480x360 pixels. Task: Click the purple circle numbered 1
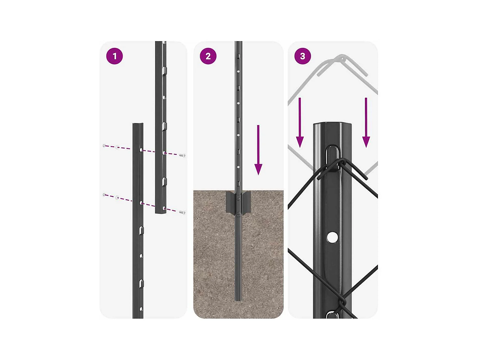[x=114, y=56]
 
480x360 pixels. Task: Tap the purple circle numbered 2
[x=208, y=56]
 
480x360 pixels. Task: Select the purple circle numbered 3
[x=303, y=56]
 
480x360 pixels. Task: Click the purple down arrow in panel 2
[x=258, y=150]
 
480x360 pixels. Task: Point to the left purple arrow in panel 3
[x=300, y=122]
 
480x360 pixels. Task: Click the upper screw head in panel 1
[x=183, y=155]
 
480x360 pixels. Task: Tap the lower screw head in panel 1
[x=183, y=212]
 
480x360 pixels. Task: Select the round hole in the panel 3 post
[x=332, y=237]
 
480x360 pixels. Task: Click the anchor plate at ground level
[x=238, y=202]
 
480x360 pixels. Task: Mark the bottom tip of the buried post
[x=238, y=301]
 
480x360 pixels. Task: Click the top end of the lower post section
[x=138, y=124]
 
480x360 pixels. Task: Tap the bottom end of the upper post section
[x=161, y=212]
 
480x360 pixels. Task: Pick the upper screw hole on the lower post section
[x=141, y=150]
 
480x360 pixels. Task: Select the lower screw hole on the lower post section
[x=141, y=203]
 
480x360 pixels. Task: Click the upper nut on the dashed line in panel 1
[x=117, y=147]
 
